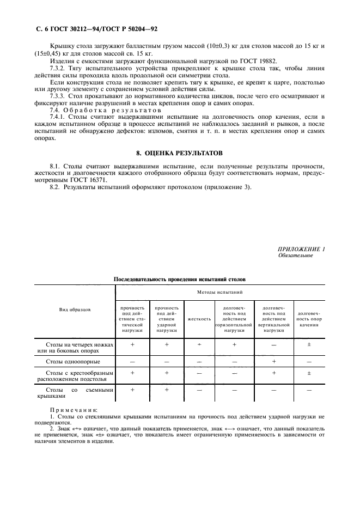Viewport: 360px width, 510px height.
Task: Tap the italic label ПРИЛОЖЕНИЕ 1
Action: pos(301,249)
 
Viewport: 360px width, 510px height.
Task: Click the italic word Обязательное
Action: pos(296,255)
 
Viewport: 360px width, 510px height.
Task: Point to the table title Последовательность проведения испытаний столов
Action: pos(179,278)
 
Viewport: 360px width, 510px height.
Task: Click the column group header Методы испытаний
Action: pos(221,293)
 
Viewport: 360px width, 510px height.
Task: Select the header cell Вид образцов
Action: pos(75,309)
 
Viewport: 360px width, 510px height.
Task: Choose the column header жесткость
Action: pos(199,318)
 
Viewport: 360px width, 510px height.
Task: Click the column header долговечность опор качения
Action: pos(310,318)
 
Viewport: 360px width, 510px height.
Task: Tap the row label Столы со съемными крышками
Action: pos(75,393)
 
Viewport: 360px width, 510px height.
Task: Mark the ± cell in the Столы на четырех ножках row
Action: pos(309,345)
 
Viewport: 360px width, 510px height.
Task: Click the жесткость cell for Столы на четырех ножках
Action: pos(199,345)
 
